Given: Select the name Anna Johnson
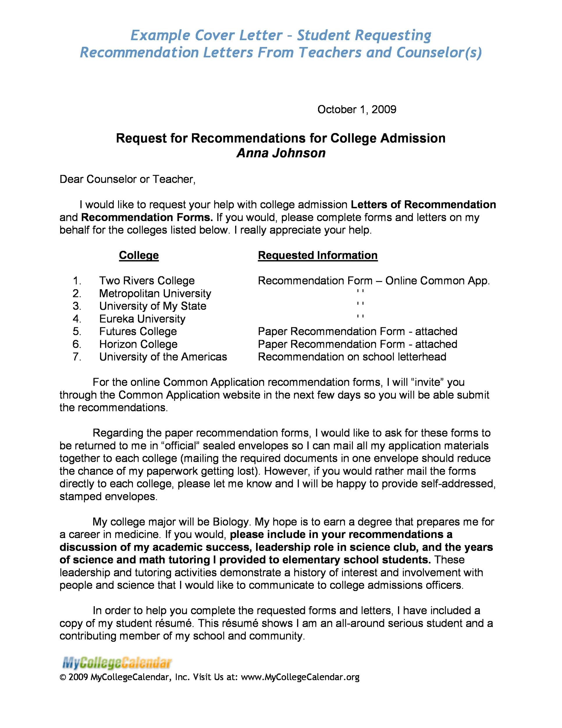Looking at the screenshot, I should (281, 153).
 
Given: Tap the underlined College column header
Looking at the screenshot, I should (139, 255).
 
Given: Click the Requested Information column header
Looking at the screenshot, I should (318, 255).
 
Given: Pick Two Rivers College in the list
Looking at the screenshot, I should (147, 281).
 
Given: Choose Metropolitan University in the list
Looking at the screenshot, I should (155, 293).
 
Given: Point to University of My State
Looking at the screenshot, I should (153, 306).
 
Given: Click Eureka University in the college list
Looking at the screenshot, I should (142, 319).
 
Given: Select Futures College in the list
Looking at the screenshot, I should (138, 331).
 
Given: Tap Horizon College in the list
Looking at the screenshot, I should (138, 344).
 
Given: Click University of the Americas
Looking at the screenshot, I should (163, 357).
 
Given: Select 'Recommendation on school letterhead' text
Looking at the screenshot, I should (352, 357).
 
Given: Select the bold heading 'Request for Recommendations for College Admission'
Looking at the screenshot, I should (281, 138).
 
